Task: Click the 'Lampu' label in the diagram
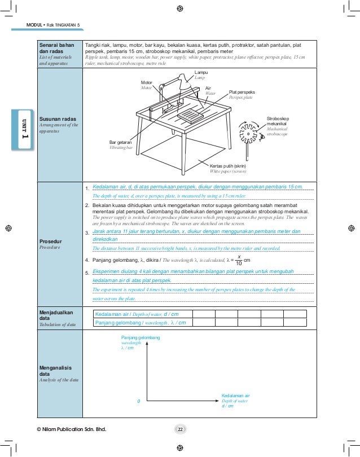tap(201, 73)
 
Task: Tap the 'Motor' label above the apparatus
tap(147, 82)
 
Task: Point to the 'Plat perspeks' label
tap(242, 91)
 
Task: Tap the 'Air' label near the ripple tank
tap(208, 88)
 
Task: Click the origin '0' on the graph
tap(139, 401)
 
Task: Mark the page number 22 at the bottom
tap(180, 430)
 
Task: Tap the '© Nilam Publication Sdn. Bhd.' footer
tap(71, 430)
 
